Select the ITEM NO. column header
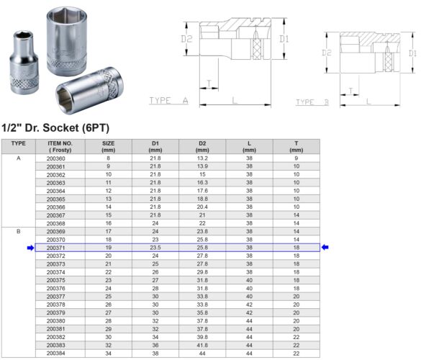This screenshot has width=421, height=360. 59,146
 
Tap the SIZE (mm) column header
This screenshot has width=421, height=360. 108,146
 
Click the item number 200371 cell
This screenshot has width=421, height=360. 55,247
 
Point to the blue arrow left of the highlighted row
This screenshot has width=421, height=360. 30,247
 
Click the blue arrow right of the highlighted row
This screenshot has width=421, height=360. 325,247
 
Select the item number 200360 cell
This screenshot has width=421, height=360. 55,158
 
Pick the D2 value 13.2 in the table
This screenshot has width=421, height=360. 202,158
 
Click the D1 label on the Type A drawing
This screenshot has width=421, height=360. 284,39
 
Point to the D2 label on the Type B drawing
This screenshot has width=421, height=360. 326,53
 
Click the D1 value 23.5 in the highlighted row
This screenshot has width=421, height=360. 155,247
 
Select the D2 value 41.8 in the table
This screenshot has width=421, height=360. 202,346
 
